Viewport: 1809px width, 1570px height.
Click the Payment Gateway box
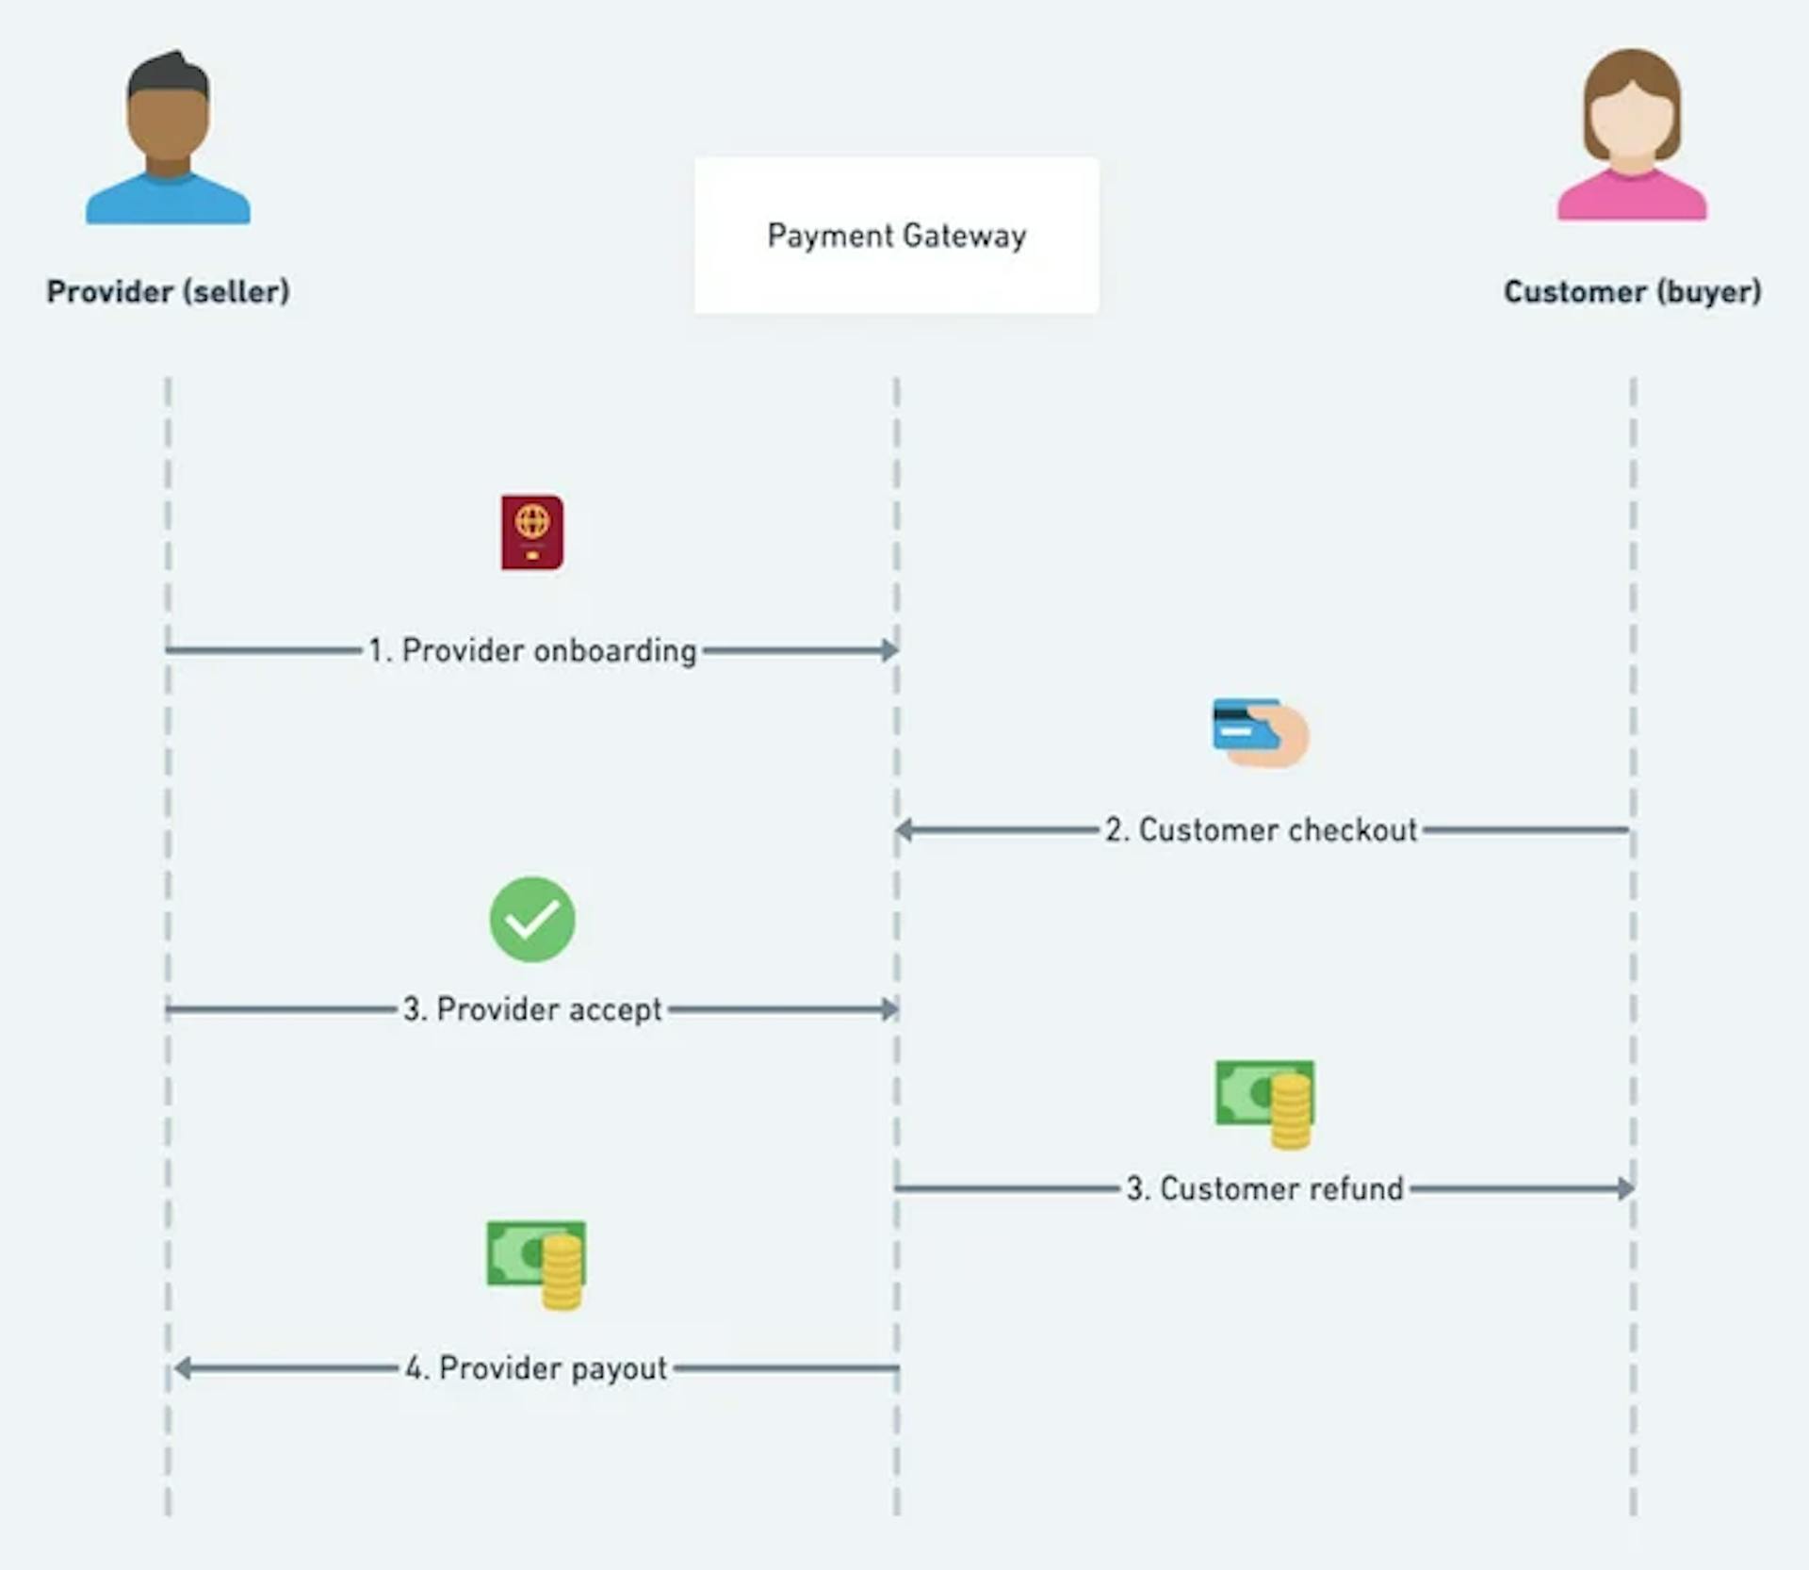point(896,236)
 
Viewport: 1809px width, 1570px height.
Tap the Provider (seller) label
point(168,291)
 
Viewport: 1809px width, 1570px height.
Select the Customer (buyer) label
point(1632,291)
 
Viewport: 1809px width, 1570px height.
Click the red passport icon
point(532,532)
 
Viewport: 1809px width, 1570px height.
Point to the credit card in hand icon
point(1260,732)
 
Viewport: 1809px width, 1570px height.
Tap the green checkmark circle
point(532,919)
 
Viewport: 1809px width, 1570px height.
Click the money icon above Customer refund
point(1264,1102)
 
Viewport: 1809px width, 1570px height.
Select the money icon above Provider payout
point(536,1263)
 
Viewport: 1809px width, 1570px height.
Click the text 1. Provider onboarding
point(532,650)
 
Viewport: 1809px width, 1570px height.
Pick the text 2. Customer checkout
point(1261,830)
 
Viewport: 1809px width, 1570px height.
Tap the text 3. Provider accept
point(532,1009)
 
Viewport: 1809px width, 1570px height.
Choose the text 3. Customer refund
point(1264,1188)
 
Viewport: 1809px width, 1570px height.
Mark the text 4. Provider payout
point(536,1368)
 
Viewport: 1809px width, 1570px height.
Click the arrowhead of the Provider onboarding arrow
point(889,650)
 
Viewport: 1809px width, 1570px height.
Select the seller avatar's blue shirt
point(168,203)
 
